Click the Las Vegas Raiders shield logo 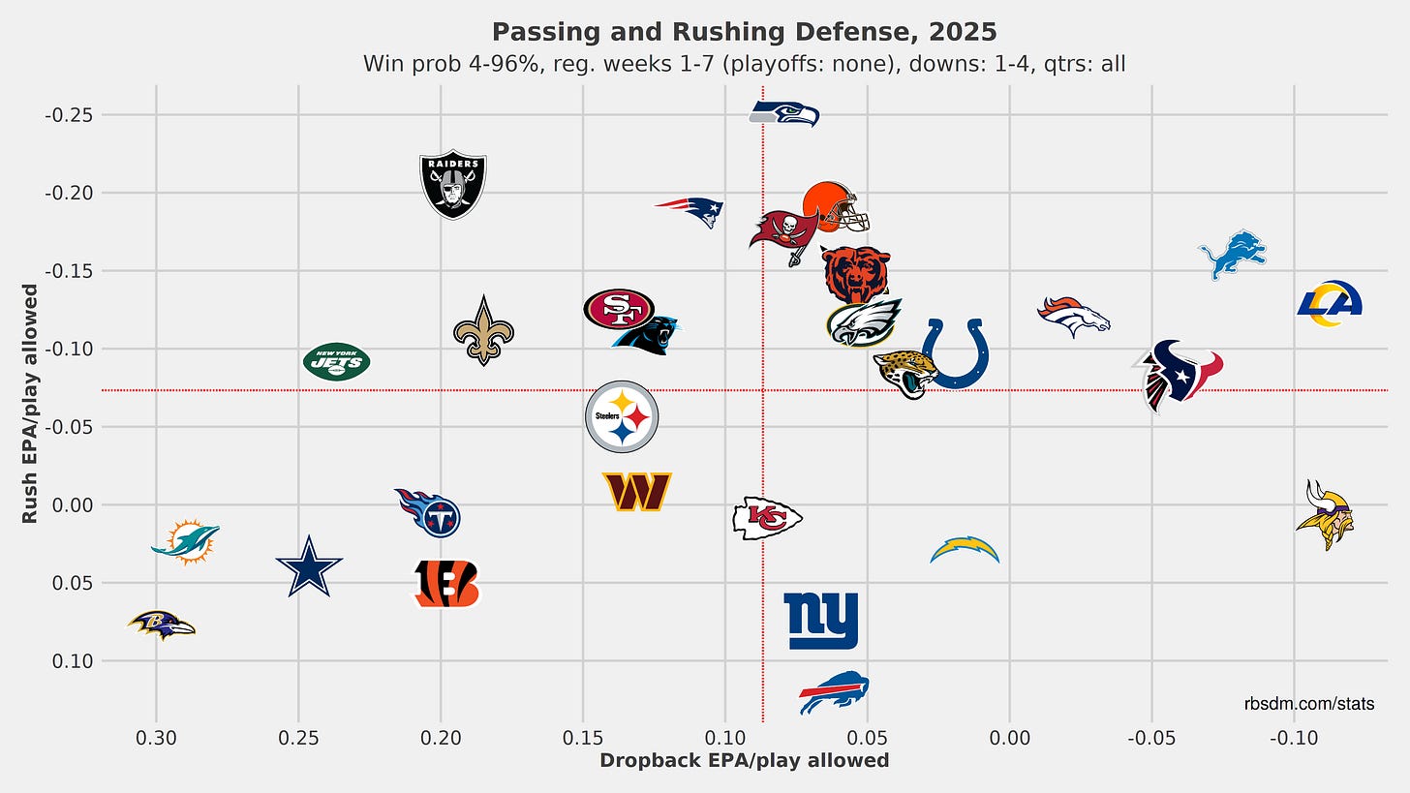point(452,184)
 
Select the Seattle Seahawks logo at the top point(784,114)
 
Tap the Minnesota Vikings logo point(1325,514)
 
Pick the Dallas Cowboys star point(309,567)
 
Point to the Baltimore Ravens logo point(161,625)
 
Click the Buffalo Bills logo point(834,691)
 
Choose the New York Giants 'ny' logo point(821,621)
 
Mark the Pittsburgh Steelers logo point(622,416)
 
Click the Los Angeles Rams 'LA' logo point(1330,303)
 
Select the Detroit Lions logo point(1232,254)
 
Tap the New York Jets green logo point(336,362)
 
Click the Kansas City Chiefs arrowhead point(767,518)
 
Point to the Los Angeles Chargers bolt point(965,550)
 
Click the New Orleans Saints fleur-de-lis point(483,330)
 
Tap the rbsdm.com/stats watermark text point(1308,704)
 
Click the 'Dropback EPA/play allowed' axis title point(744,761)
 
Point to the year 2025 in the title point(959,32)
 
